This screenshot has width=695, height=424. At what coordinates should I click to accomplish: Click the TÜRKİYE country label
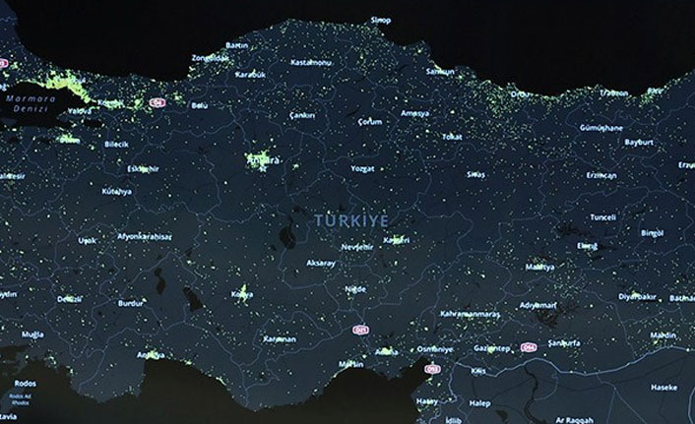[x=352, y=219]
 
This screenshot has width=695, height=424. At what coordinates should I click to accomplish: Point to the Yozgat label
[x=362, y=168]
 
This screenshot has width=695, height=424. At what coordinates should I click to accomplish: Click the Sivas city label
[x=475, y=173]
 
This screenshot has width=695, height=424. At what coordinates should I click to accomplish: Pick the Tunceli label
[x=602, y=216]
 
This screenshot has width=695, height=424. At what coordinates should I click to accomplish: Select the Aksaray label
[x=321, y=264]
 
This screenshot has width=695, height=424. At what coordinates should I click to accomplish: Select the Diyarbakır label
[x=637, y=295]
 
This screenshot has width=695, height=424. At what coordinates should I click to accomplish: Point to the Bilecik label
[x=116, y=144]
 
